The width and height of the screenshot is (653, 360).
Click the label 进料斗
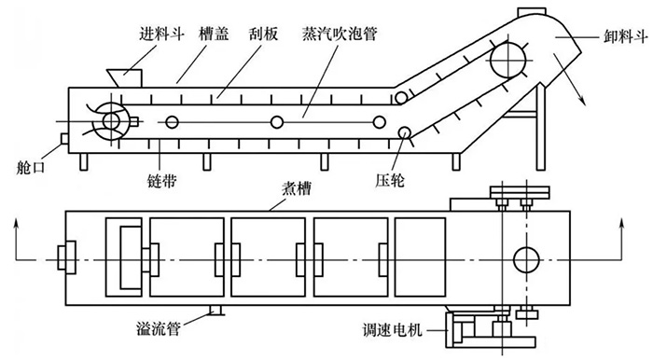coord(161,34)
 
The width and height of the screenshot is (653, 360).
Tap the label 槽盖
coord(214,34)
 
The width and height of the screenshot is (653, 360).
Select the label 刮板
coord(263,34)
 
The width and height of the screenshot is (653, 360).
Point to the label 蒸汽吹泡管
coord(340,34)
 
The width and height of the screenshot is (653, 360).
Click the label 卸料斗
coord(626,37)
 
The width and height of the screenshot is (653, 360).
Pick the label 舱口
coord(30,167)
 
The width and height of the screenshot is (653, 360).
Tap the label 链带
coord(162,181)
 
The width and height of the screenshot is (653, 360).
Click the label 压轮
coord(389,181)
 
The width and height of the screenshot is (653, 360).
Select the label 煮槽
coord(297,189)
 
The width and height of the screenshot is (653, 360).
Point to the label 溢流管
coord(159,329)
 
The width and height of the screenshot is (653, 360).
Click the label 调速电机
coord(393,331)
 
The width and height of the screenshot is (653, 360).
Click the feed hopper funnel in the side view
coord(124,78)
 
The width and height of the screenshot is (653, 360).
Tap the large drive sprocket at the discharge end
coord(507,60)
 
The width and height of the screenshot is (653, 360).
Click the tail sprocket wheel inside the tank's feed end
coord(111,121)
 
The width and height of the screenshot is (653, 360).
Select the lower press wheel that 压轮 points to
coord(404,132)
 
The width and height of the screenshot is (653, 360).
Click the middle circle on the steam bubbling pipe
coord(276,122)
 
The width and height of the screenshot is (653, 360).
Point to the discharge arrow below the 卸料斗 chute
coord(569,79)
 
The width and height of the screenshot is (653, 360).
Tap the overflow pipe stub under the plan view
coord(215,310)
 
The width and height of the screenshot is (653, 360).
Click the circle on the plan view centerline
coord(526,259)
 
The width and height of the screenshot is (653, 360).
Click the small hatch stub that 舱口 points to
coord(65,139)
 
